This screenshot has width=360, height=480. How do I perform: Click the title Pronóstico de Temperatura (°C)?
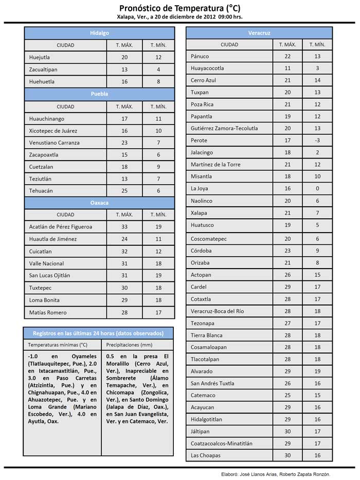coord(179,8)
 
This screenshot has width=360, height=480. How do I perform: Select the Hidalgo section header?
coord(99,33)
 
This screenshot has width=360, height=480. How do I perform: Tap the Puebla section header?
coord(99,94)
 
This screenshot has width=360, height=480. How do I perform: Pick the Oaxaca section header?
coord(99,203)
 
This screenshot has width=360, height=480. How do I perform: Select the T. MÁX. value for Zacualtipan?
coord(124,69)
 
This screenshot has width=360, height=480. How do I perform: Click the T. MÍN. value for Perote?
coord(317,140)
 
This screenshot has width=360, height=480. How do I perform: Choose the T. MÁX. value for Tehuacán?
coord(124,191)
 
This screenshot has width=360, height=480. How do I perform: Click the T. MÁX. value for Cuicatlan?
coord(124,252)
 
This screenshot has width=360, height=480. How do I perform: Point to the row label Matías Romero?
coord(48,312)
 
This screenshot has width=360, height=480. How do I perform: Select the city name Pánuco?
coord(200,56)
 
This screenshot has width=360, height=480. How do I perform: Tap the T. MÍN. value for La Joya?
coord(317,189)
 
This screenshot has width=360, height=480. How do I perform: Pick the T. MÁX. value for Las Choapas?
coord(287,455)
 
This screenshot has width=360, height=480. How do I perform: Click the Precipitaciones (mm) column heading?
coord(129,345)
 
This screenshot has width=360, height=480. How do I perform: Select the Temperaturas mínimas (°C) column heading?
coord(58,345)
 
